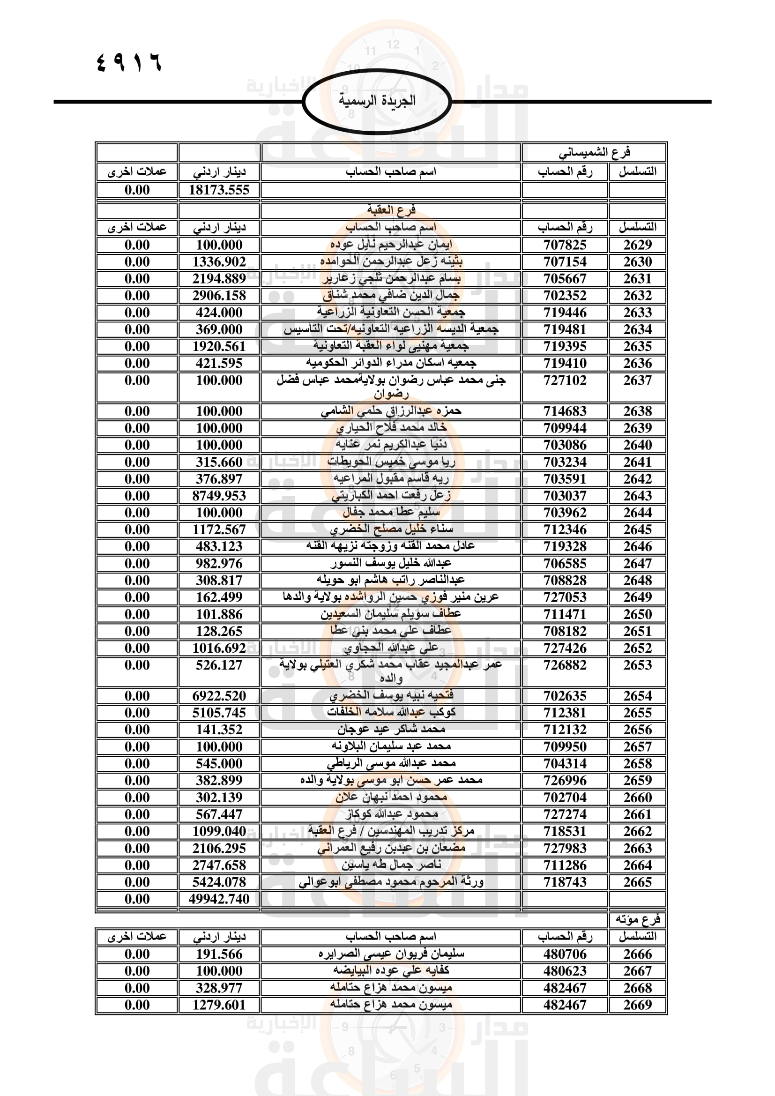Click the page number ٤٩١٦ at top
coord(129,62)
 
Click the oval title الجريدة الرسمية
coord(377,101)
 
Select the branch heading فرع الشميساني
coord(594,152)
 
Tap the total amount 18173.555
coord(219,190)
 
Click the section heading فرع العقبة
coord(391,209)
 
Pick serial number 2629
coord(637,245)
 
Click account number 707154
coord(565,261)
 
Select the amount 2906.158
coord(219,296)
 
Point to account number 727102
coord(565,380)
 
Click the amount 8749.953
coord(219,495)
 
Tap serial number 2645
coord(637,529)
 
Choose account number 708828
coord(565,581)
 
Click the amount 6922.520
coord(219,696)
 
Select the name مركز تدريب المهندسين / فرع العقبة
coord(391,831)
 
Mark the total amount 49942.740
coord(219,899)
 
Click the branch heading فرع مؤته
coord(638,919)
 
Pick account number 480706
coord(565,954)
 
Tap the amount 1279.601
coord(219,1005)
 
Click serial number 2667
coord(637,971)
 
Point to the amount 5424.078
coord(219,882)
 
